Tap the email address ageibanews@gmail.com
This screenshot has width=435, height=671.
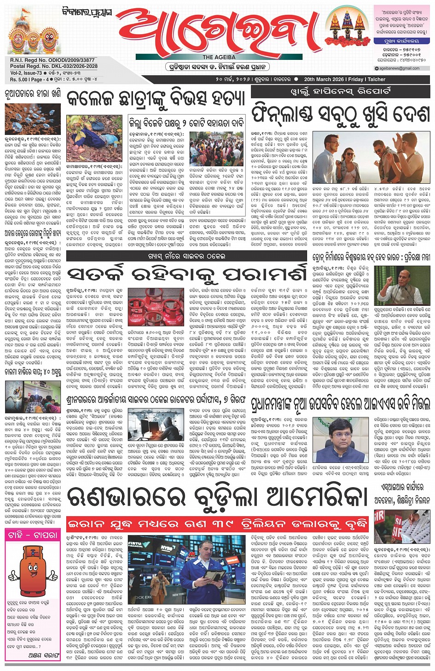(x=399, y=68)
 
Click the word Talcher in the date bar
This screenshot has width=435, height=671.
(x=376, y=79)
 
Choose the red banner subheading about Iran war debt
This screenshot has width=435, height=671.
(x=217, y=524)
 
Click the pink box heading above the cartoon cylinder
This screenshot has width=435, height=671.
(x=33, y=535)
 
